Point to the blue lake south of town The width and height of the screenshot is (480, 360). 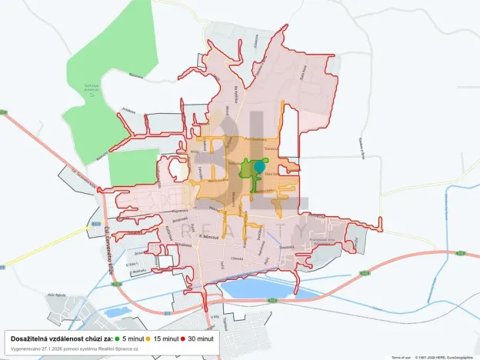tap(262, 289)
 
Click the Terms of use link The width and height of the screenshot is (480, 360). tap(401, 357)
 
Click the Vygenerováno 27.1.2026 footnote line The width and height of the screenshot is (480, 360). tap(70, 348)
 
